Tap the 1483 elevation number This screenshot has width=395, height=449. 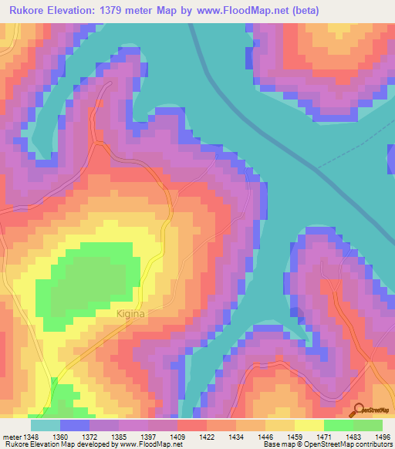pos(353,436)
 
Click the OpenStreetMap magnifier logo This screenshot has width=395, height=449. pos(358,410)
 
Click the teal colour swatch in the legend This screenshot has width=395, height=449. pos(45,425)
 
